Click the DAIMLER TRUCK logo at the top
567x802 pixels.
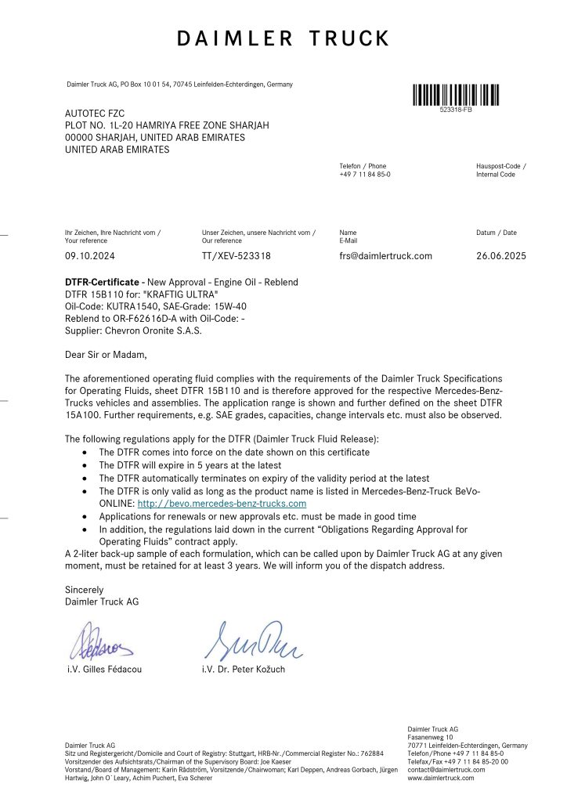coord(283,38)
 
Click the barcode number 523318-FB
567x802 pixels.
coord(456,110)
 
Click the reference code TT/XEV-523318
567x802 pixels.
coord(237,256)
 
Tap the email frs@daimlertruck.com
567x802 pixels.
coord(385,256)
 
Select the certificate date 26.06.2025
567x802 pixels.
coord(501,256)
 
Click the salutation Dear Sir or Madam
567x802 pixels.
coord(105,355)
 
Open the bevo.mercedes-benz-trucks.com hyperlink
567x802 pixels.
coord(222,504)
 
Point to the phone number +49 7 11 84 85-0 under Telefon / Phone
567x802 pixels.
coord(365,175)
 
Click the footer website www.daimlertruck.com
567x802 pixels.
coord(441,779)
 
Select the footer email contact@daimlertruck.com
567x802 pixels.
coord(446,770)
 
